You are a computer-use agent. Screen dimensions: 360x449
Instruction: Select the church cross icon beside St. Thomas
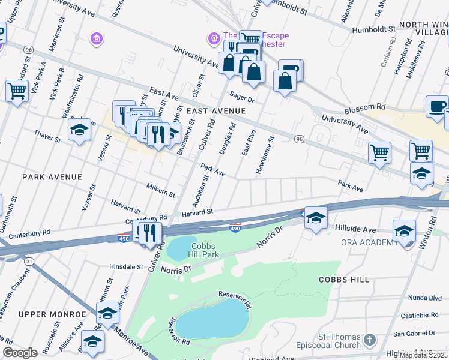pos(370,340)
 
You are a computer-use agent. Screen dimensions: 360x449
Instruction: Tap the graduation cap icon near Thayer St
pos(79,130)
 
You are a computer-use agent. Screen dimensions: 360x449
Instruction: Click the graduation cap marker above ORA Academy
pos(404,230)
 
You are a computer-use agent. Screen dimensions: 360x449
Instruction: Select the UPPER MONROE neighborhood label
pos(53,314)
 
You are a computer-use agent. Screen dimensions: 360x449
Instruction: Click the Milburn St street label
pos(160,190)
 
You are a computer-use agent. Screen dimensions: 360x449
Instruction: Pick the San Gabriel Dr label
pos(414,333)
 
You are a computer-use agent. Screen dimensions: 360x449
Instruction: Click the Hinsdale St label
pos(126,266)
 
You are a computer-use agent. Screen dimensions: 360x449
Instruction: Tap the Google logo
pos(20,353)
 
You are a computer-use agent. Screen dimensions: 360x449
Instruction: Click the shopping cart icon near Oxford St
pos(17,92)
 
